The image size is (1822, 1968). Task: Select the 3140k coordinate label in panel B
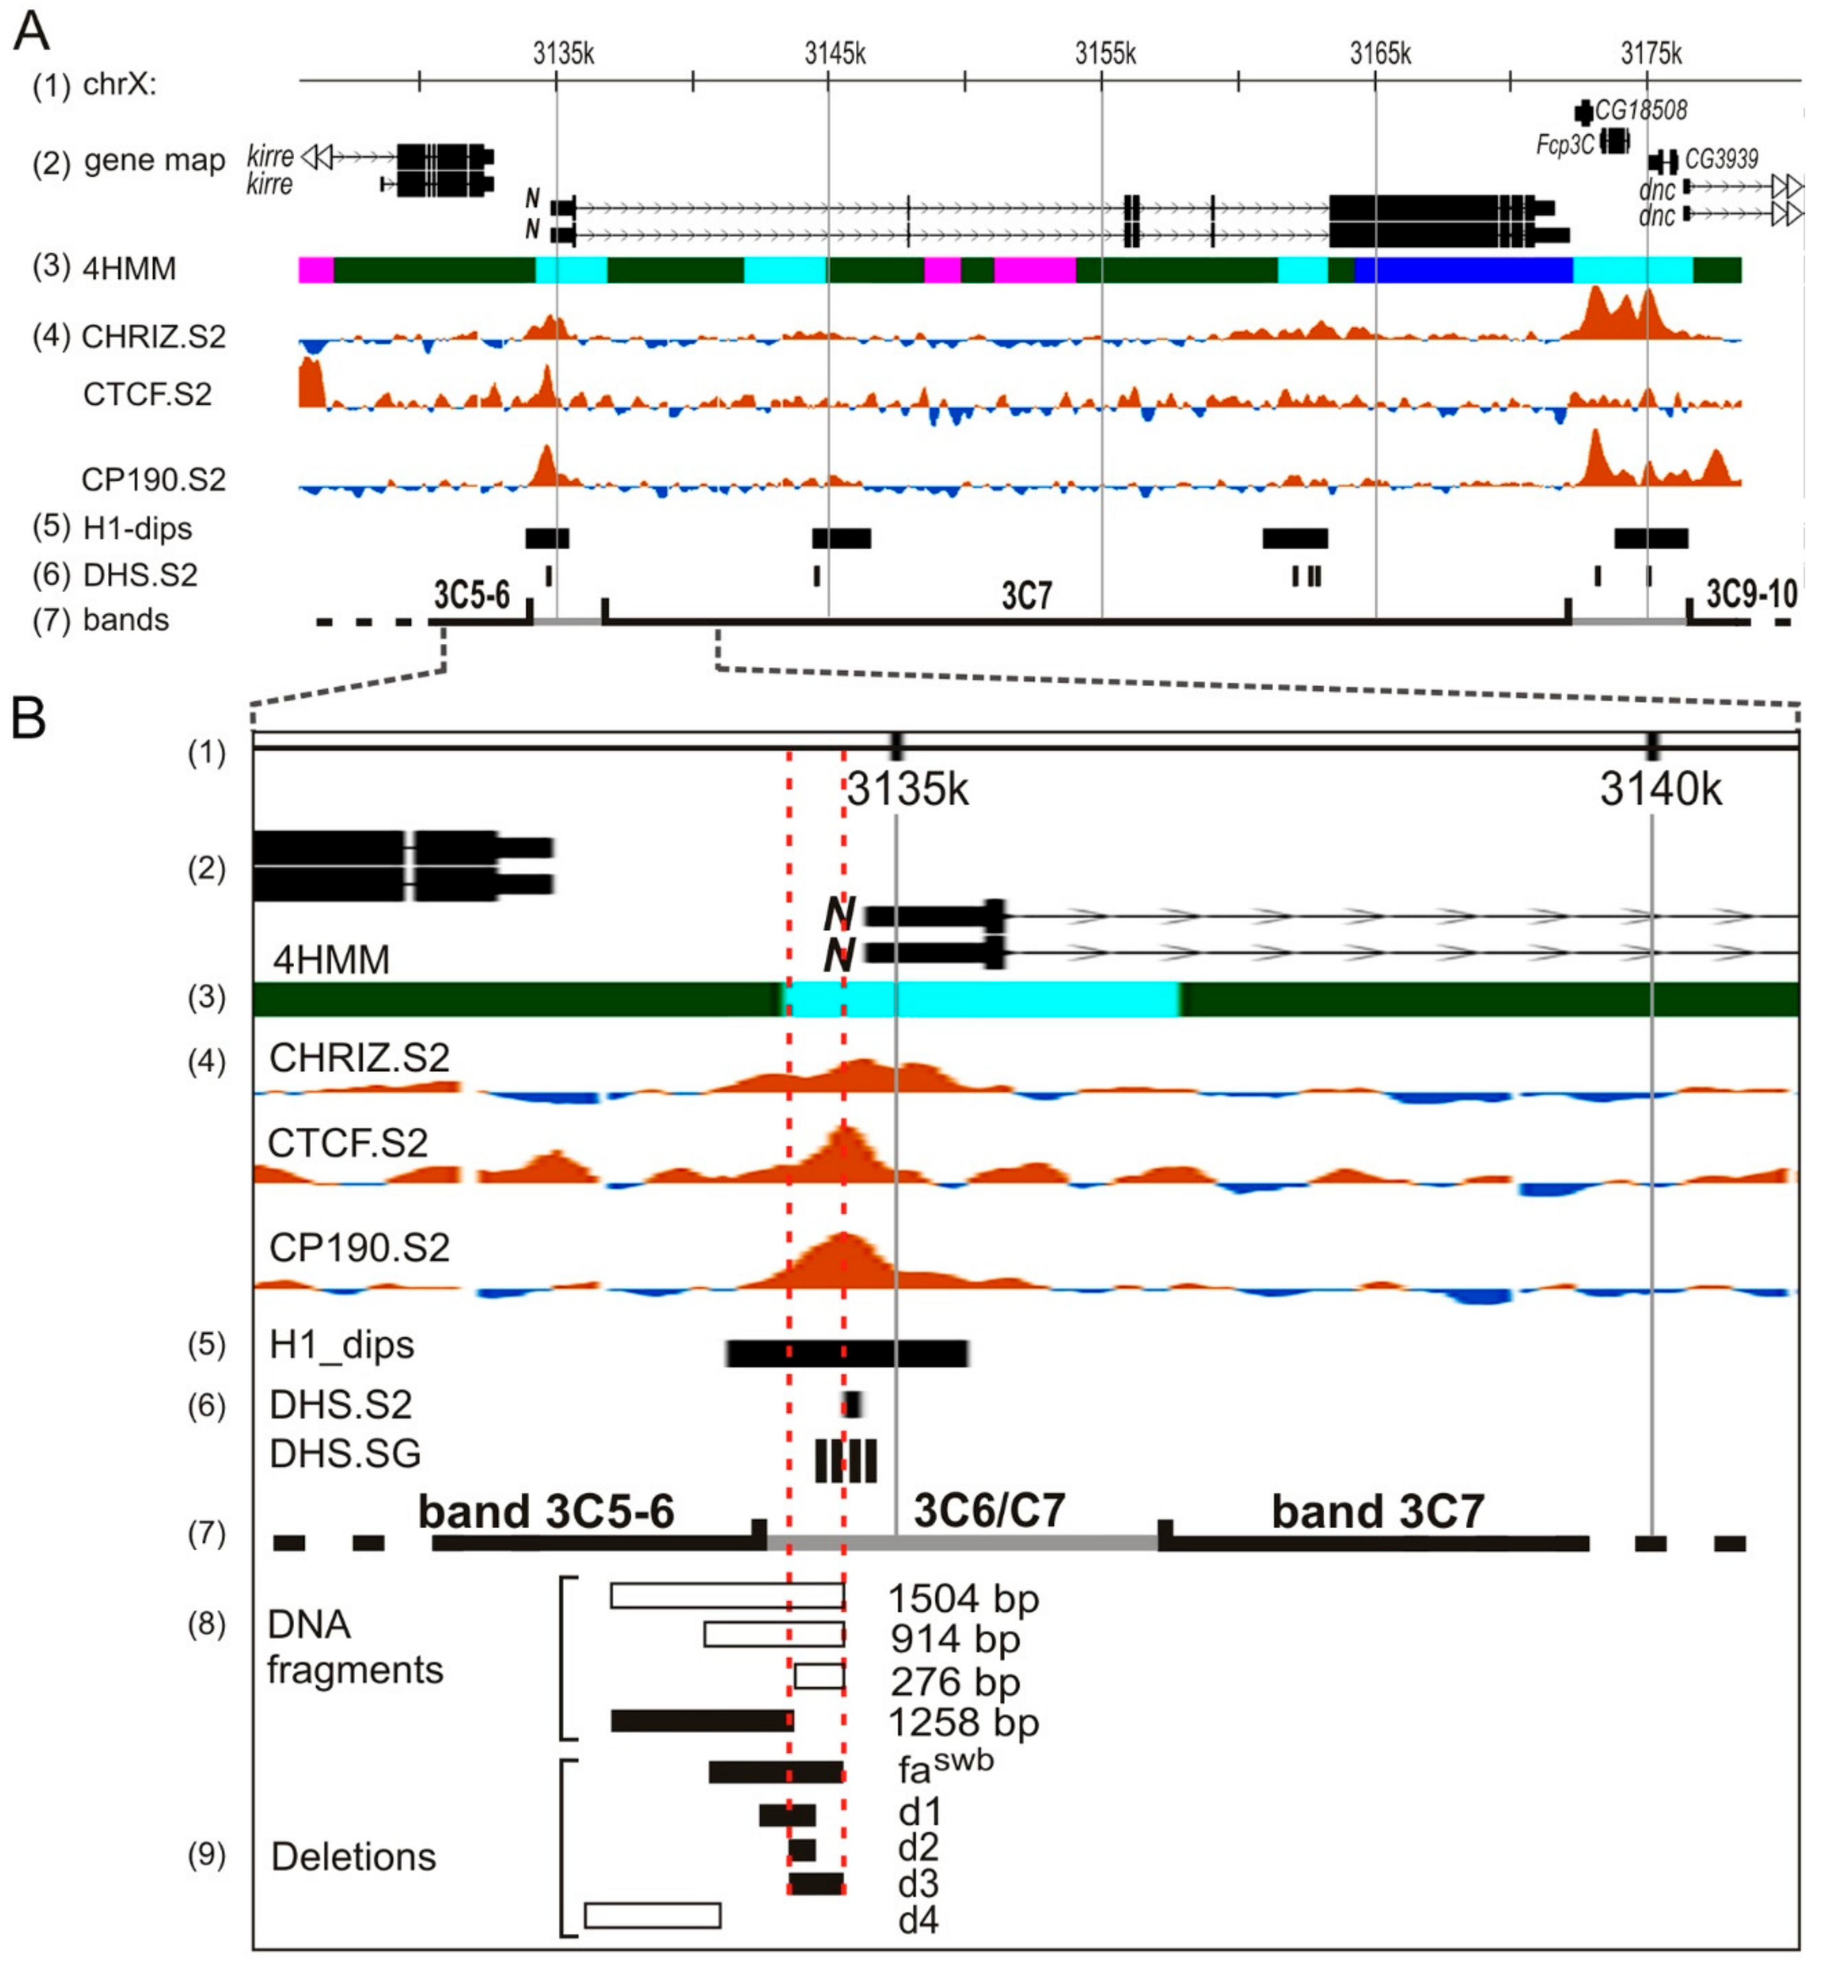pos(1660,790)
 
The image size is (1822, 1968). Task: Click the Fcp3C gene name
pos(1564,145)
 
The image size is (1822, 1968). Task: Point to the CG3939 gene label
pos(1721,159)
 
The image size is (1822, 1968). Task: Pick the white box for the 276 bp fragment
pos(819,1676)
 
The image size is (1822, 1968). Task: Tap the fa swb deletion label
pos(944,1767)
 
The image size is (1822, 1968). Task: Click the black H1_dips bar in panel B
pos(847,1354)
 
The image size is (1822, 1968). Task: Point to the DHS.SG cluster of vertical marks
pos(845,1460)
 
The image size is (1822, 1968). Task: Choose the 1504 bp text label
pos(963,1599)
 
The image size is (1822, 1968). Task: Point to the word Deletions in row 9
pos(353,1856)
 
